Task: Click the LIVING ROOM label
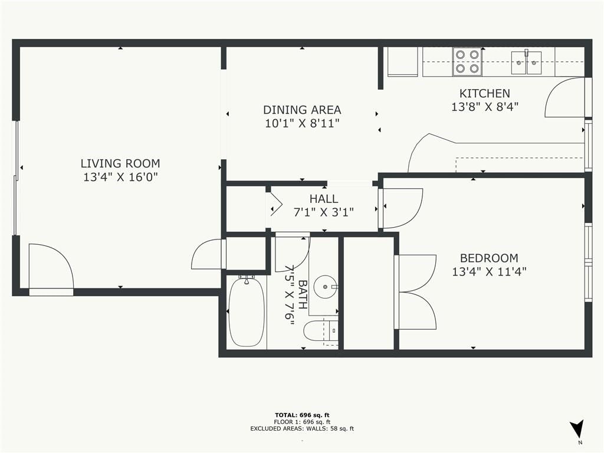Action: [x=120, y=163]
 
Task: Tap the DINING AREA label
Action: [x=302, y=110]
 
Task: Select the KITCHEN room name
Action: [x=485, y=93]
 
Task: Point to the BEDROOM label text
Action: [x=489, y=258]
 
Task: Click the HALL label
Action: [x=324, y=199]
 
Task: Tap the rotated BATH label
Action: [x=303, y=295]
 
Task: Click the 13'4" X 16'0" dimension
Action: [x=120, y=177]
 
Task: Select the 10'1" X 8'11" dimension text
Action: [x=302, y=124]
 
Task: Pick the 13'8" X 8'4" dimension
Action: [x=485, y=107]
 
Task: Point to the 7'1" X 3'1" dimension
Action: [x=324, y=212]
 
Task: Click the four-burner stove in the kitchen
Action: [x=467, y=61]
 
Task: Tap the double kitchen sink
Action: [x=526, y=63]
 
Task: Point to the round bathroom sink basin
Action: [x=326, y=287]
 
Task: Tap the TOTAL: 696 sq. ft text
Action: [x=302, y=415]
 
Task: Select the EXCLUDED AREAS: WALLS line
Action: [x=302, y=428]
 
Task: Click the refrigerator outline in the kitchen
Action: [x=402, y=61]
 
